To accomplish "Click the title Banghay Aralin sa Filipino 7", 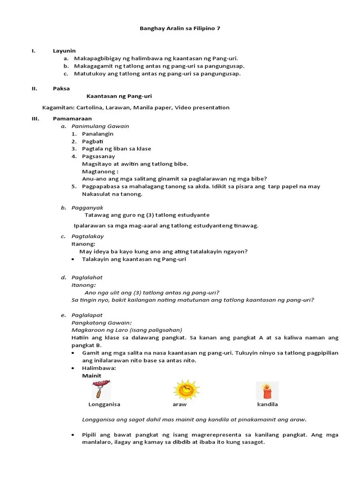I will pos(180,29).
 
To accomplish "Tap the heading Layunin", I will pos(64,51).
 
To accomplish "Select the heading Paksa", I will pos(61,89).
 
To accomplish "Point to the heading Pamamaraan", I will pos(72,119).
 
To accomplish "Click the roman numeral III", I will pos(35,119).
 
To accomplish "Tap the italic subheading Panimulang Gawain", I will pos(100,126).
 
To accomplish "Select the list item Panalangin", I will pos(97,134).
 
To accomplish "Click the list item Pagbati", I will pos(92,141).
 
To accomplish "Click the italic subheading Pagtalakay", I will pos(88,236).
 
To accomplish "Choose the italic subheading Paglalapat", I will pos(87,315).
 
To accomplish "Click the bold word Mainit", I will pos(91,375).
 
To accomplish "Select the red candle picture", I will pos(267,390).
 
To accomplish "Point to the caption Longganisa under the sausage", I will pos(104,404).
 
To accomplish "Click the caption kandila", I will pos(267,404).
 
